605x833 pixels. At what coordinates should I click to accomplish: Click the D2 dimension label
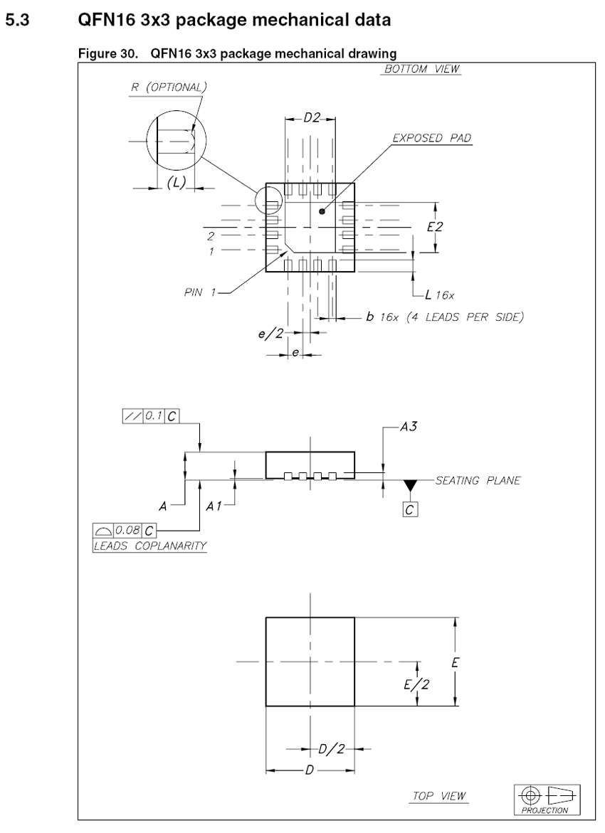tap(312, 118)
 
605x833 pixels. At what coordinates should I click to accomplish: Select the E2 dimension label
tap(434, 227)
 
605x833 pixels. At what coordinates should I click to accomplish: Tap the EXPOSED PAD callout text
tap(432, 138)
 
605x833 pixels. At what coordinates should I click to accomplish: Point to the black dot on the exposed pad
tap(322, 211)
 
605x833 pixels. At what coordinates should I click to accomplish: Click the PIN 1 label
tap(200, 292)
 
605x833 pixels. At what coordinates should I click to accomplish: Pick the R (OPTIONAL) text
tap(169, 87)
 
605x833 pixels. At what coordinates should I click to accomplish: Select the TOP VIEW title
tap(440, 796)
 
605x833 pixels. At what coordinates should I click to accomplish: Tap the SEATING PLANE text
tap(478, 481)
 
